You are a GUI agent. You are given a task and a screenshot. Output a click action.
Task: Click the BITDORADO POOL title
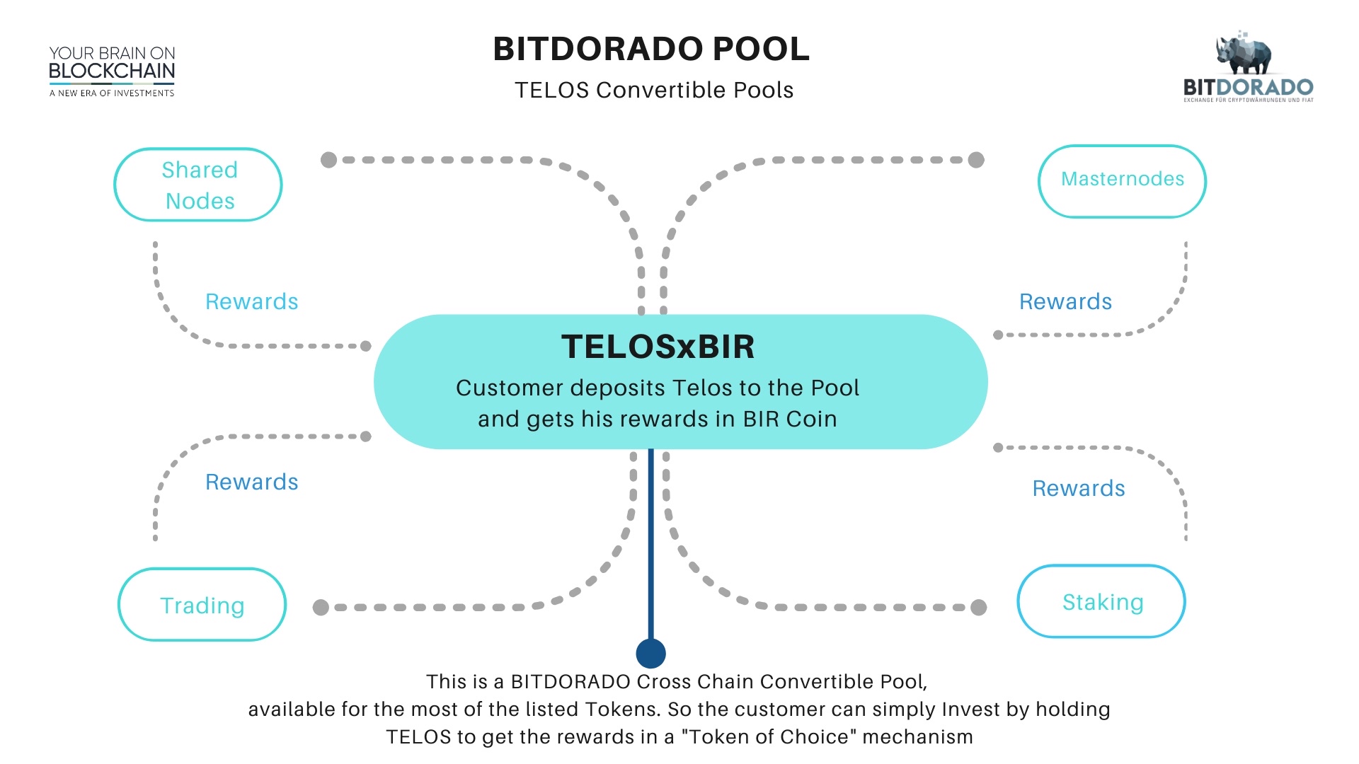point(651,50)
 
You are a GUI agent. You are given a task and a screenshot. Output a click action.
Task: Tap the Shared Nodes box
point(198,185)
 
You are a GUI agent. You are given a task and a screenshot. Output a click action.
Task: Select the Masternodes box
point(1122,180)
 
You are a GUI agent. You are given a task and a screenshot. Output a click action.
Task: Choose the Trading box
point(202,605)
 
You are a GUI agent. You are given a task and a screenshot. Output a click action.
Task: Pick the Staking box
point(1101,601)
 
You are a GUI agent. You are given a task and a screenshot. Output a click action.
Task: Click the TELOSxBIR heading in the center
point(658,347)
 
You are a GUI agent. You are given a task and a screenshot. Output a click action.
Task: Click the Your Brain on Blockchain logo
point(112,71)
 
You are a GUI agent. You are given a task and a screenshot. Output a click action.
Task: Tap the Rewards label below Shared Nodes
point(251,301)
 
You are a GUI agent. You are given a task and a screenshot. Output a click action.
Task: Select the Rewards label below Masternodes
point(1065,301)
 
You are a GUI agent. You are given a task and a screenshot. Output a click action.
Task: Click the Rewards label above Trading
point(251,482)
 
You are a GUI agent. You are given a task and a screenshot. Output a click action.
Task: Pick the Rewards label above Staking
point(1078,488)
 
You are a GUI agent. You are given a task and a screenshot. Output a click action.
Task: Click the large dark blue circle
point(650,653)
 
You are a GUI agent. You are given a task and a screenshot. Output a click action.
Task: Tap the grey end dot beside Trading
point(321,607)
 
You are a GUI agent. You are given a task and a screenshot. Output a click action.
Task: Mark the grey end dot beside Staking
point(979,607)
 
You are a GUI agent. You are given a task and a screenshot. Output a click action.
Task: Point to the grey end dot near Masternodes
point(976,160)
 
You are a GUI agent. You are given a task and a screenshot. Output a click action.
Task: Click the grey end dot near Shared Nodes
point(328,160)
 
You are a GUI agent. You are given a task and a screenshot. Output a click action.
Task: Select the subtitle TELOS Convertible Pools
point(654,91)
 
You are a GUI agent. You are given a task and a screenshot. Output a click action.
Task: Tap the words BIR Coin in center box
point(790,419)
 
